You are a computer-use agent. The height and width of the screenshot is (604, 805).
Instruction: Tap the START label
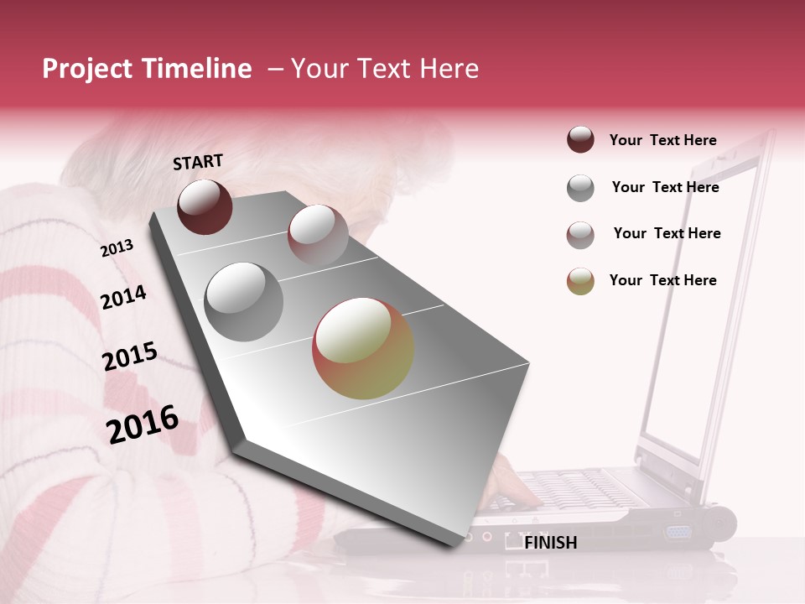[x=198, y=162]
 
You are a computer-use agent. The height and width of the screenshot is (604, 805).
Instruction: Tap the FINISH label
[x=550, y=543]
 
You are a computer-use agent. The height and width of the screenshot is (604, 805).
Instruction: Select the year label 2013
[x=117, y=248]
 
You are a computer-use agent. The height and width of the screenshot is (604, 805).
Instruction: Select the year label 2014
[x=123, y=297]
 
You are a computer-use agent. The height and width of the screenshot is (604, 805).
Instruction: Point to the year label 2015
[x=130, y=357]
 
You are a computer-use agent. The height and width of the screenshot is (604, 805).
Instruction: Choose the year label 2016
[x=143, y=424]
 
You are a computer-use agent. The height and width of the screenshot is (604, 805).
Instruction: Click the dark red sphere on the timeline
[x=205, y=206]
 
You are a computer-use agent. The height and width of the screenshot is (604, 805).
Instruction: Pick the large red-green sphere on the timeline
[x=363, y=348]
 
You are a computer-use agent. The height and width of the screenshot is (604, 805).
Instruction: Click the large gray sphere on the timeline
[x=243, y=301]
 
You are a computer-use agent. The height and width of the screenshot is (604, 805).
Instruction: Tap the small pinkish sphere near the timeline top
[x=318, y=234]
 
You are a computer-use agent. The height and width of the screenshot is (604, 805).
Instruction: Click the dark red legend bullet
[x=580, y=139]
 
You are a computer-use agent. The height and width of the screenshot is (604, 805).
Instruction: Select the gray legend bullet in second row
[x=580, y=188]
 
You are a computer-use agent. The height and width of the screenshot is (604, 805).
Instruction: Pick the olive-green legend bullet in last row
[x=580, y=281]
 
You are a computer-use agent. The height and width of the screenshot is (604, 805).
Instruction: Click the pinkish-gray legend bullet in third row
[x=580, y=235]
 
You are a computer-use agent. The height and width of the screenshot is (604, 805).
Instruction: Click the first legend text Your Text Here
[x=662, y=140]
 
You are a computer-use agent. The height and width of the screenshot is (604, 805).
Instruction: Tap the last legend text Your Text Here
[x=662, y=280]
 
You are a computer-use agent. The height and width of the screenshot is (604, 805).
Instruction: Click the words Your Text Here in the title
[x=384, y=69]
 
